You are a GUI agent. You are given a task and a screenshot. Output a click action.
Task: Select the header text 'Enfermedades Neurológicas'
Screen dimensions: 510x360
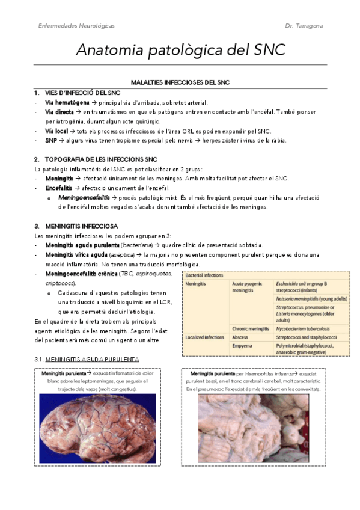point(76,26)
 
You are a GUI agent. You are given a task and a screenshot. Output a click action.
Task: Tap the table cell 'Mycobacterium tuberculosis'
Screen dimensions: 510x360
point(307,328)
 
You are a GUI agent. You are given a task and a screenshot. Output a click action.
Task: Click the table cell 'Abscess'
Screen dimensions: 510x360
point(241,337)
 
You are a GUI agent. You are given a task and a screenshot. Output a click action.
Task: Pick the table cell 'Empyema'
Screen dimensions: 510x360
point(242,346)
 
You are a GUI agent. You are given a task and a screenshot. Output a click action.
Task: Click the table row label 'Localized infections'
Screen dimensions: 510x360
point(204,337)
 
